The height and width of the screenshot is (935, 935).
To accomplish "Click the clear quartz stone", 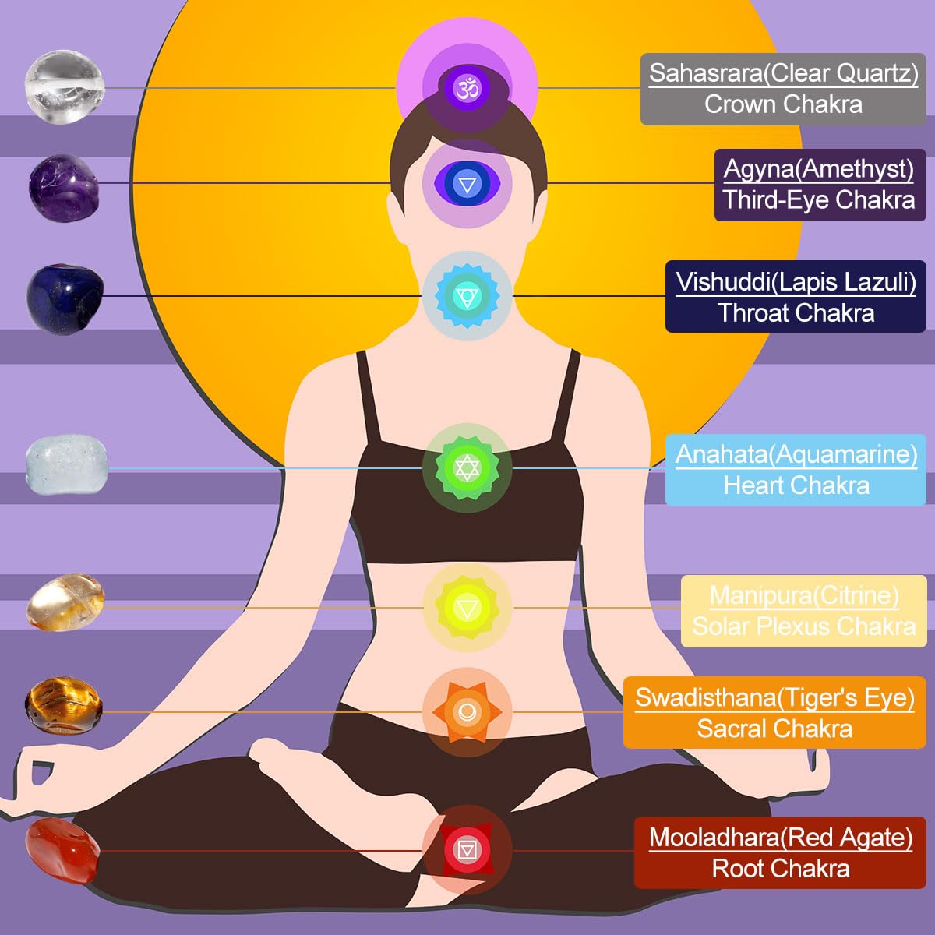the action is coord(65,86).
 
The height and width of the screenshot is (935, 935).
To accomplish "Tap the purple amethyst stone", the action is coord(64,188).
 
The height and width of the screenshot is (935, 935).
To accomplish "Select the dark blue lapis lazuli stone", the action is coord(65,296).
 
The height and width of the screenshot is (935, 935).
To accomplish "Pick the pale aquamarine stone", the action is coord(66,464).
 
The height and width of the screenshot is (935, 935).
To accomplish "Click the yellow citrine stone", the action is coord(65,602).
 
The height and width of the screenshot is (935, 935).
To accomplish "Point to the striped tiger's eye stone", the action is coord(64,705).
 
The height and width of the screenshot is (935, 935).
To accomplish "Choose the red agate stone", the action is coord(63,851).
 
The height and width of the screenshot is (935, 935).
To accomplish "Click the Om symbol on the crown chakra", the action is coord(467,88).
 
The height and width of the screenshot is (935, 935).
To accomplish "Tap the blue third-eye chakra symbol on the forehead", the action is coord(467,184).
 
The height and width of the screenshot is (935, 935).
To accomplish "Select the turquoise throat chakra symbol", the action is coord(467,295).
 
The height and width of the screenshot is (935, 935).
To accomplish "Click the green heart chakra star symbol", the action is coord(467,467).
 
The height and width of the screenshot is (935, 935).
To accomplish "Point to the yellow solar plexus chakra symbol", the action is coord(467,607).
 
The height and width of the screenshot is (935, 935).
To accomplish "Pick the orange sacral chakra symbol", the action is coord(467,712).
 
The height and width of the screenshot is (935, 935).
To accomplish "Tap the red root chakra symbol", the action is coord(467,850).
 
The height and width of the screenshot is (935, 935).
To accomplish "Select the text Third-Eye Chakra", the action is coord(819,199).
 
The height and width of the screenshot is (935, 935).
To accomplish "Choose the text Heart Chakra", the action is coord(796,485).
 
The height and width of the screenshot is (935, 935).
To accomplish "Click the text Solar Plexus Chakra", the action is coord(804,626).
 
